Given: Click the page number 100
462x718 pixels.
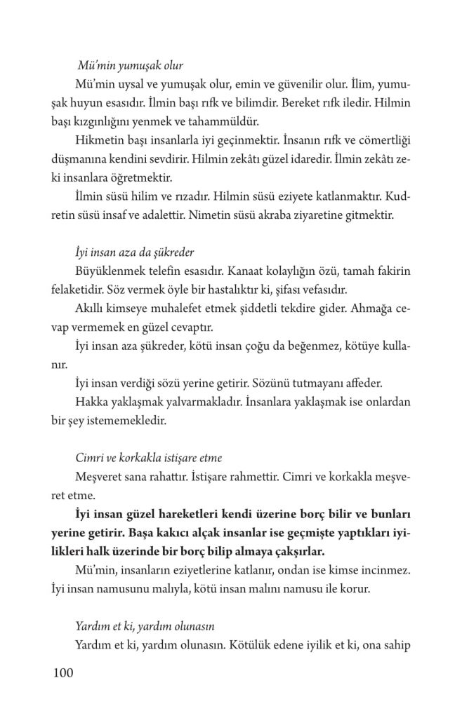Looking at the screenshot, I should point(62,674).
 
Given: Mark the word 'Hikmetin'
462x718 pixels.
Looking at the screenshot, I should point(96,139).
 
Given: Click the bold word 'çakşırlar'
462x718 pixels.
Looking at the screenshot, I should point(284,550).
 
